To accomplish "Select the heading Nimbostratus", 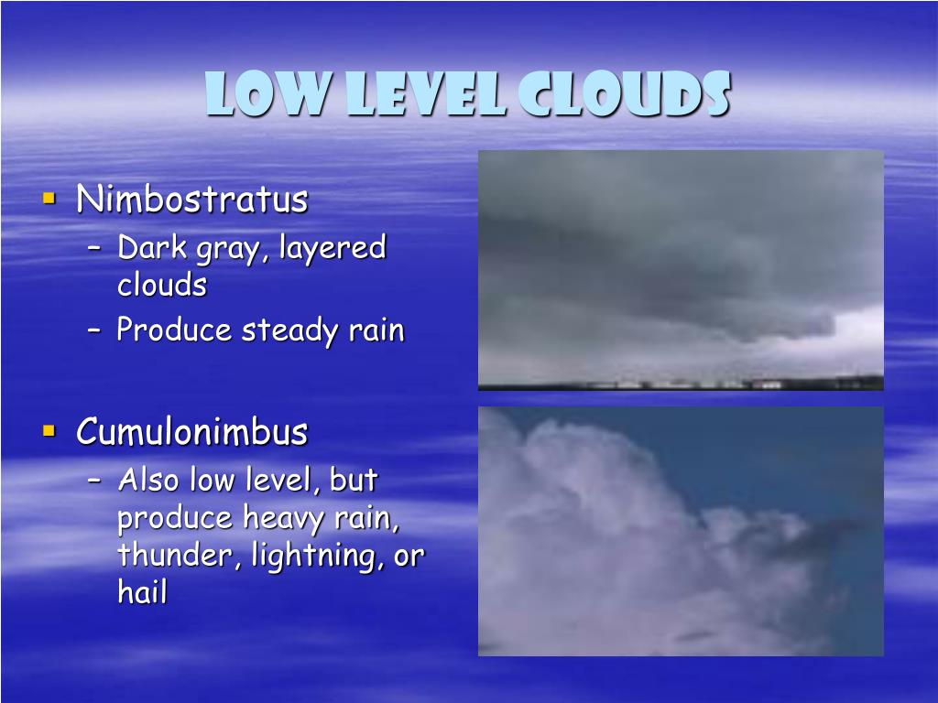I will pyautogui.click(x=191, y=199).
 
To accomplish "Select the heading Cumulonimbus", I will pyautogui.click(x=191, y=431).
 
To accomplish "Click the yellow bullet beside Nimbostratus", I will pyautogui.click(x=49, y=197).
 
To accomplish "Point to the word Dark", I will pyautogui.click(x=149, y=247).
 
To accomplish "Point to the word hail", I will pyautogui.click(x=142, y=593).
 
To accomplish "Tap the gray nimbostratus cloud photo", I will pyautogui.click(x=681, y=270).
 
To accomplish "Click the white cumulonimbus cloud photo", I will pyautogui.click(x=681, y=531).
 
